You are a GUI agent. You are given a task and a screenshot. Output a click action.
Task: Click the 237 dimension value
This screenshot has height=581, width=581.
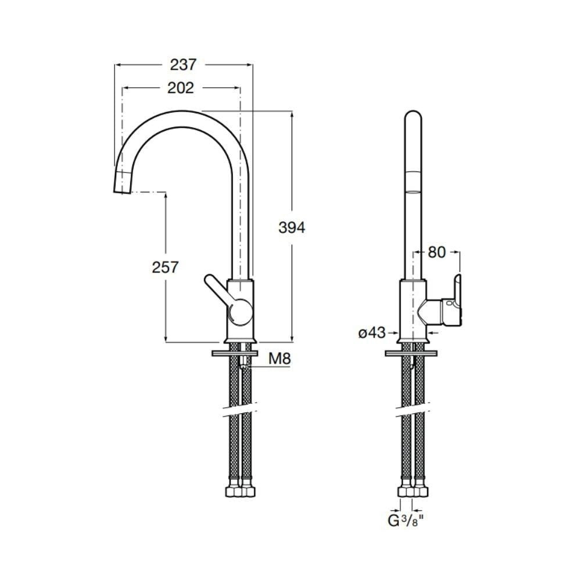click(183, 64)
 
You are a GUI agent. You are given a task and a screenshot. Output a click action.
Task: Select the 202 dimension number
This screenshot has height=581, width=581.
click(180, 88)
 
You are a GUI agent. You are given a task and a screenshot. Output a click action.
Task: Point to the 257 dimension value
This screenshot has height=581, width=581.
click(165, 267)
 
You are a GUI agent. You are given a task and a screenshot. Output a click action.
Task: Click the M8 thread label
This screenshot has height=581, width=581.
click(279, 359)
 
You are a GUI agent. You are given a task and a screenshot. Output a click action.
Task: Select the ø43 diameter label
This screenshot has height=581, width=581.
click(372, 332)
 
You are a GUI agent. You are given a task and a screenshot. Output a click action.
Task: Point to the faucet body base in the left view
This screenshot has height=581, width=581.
click(240, 337)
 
